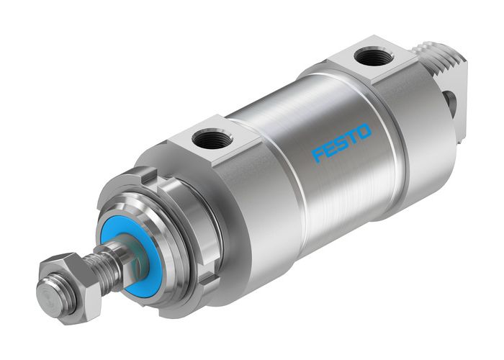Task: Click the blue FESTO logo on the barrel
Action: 341,142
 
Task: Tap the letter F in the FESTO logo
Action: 318,154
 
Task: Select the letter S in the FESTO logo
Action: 341,142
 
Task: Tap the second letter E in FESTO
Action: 330,148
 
